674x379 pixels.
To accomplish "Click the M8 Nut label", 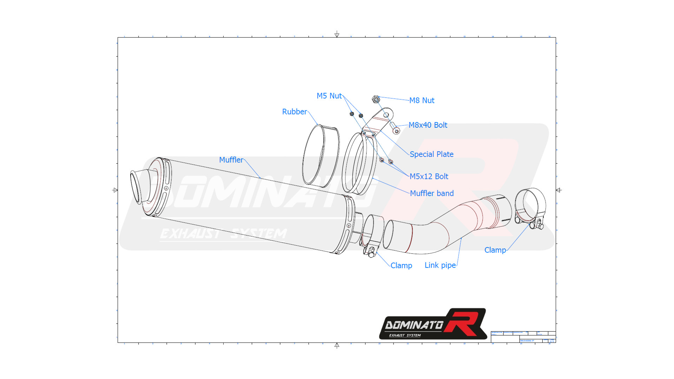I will click(422, 100).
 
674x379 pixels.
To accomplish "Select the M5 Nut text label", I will click(329, 96).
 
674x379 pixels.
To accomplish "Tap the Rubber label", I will click(294, 112).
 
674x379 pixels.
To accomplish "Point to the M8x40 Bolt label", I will click(428, 125).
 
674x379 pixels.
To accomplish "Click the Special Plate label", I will click(431, 154).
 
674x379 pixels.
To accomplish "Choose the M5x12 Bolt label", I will click(429, 176).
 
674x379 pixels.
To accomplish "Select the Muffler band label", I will click(431, 193).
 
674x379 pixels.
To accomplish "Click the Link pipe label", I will click(440, 265).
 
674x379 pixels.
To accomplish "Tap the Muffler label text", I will click(231, 160).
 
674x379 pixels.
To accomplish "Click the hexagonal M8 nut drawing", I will click(376, 100).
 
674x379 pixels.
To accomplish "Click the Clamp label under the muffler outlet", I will click(401, 265).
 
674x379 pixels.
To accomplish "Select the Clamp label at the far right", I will click(495, 250).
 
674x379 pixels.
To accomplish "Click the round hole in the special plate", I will click(386, 115).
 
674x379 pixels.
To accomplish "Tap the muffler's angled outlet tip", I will click(138, 186).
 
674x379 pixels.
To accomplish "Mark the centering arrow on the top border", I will click(337, 34).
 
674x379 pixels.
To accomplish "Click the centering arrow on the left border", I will click(115, 190).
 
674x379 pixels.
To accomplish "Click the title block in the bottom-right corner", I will click(523, 337).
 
